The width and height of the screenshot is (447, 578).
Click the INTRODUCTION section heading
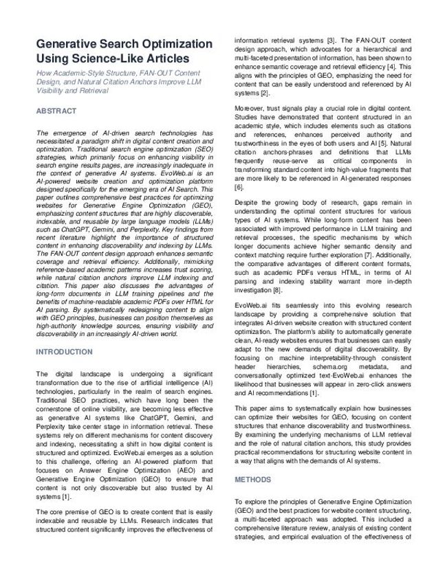pos(64,352)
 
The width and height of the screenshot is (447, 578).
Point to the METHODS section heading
pos(253,478)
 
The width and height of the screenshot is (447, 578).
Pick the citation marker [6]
pos(239,186)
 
